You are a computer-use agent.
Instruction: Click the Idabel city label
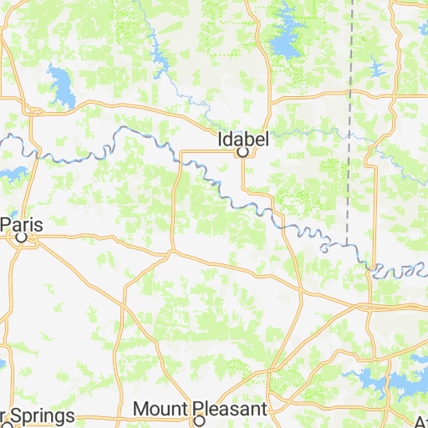[242, 140]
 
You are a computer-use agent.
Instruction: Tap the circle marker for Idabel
[242, 153]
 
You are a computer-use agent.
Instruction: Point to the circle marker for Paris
[23, 237]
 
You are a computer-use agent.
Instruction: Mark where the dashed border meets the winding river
[345, 243]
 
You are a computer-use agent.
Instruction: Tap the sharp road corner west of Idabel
[181, 151]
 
